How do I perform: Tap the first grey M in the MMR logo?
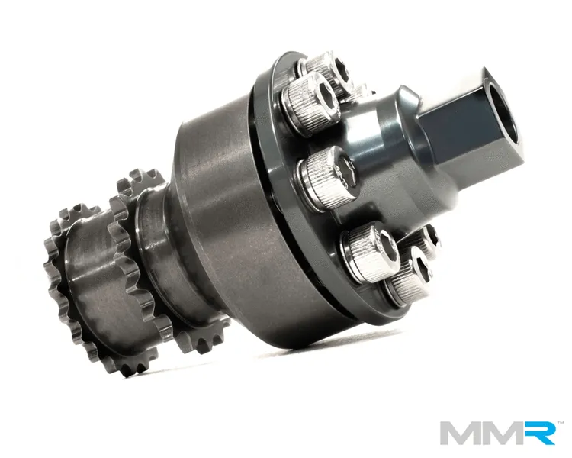click(x=461, y=433)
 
